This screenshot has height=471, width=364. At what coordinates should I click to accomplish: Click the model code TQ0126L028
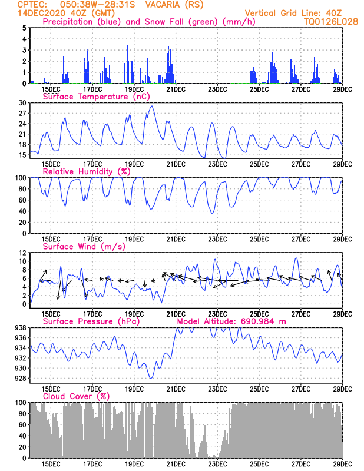pyautogui.click(x=331, y=22)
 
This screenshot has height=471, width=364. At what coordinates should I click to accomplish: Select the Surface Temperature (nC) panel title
pyautogui.click(x=96, y=97)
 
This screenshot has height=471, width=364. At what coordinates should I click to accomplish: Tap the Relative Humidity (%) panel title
pyautogui.click(x=87, y=171)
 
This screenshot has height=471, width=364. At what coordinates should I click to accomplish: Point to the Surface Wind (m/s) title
pyautogui.click(x=84, y=246)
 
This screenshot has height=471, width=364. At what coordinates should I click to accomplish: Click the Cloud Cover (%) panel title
pyautogui.click(x=77, y=396)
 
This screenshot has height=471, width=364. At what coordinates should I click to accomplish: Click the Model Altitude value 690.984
pyautogui.click(x=257, y=321)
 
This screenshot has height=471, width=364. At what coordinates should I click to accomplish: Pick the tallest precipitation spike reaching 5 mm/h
pyautogui.click(x=85, y=55)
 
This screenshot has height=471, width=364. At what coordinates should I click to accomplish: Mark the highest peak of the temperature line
pyautogui.click(x=152, y=106)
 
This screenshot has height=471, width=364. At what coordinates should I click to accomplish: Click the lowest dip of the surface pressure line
pyautogui.click(x=151, y=378)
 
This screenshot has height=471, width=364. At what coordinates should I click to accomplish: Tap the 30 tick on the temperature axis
pyautogui.click(x=22, y=103)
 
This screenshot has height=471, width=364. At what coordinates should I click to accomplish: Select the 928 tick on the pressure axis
pyautogui.click(x=21, y=378)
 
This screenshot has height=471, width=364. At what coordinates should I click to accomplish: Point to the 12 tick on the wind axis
pyautogui.click(x=22, y=253)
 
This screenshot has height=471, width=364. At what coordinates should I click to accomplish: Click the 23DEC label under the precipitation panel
pyautogui.click(x=217, y=89)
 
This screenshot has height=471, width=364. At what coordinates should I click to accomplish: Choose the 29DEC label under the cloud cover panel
pyautogui.click(x=342, y=464)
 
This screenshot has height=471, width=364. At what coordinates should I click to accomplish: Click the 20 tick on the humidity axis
pyautogui.click(x=22, y=223)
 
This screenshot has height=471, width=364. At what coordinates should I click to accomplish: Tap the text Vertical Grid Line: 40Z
pyautogui.click(x=293, y=13)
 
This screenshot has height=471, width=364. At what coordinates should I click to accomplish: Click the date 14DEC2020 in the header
pyautogui.click(x=41, y=13)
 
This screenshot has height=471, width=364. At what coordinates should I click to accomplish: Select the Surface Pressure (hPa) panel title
pyautogui.click(x=91, y=321)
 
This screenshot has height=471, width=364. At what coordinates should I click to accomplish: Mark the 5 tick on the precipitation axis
pyautogui.click(x=24, y=28)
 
